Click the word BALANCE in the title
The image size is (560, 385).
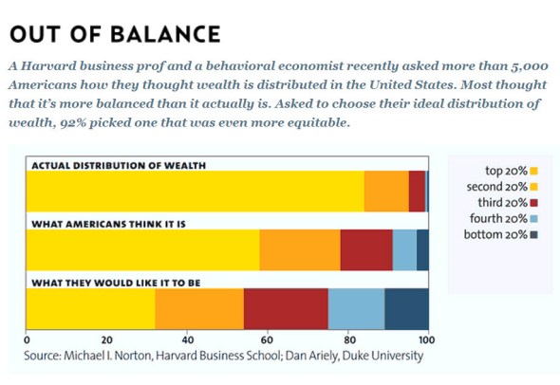coord(165,34)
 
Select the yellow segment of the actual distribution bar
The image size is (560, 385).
coord(195,192)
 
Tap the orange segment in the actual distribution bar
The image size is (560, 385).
coord(386,192)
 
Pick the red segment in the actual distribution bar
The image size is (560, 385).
coord(417,192)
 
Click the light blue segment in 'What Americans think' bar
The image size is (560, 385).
coord(404,249)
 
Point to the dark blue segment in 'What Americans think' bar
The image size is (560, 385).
coord(423,249)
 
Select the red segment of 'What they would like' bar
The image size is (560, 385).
coord(286,308)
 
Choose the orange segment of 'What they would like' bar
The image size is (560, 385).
coord(199,308)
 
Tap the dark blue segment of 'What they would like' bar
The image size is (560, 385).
coord(407,308)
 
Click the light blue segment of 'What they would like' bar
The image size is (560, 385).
coord(357,308)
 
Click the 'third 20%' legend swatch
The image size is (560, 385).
coord(534,203)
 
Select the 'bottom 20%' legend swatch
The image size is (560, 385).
coord(534,235)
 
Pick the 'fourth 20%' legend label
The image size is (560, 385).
coord(498,218)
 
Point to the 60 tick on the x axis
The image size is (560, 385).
coord(267,339)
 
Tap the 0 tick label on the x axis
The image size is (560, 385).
coord(27,339)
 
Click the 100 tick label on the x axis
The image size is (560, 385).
coord(427,339)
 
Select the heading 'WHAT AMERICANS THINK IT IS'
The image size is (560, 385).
coord(108,224)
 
